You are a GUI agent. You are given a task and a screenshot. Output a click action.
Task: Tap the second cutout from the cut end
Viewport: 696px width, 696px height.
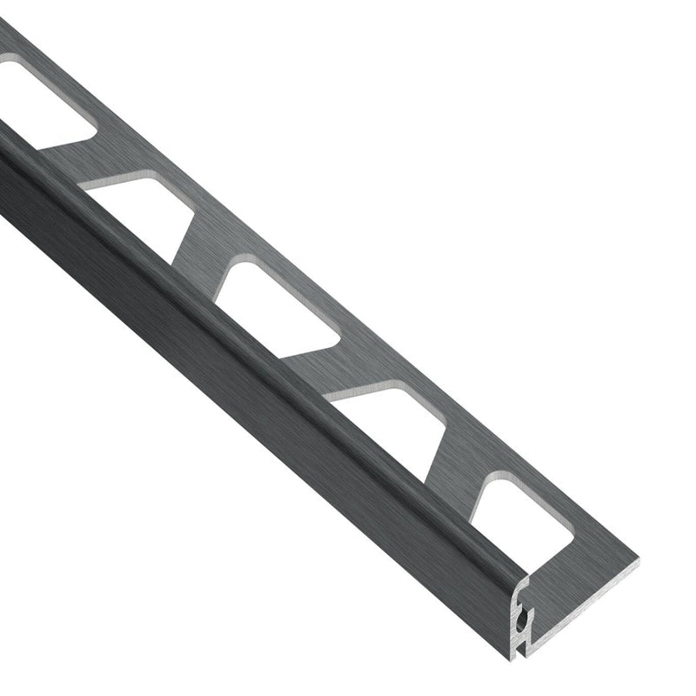391,426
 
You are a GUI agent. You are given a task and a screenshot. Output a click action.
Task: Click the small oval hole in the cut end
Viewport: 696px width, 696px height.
520,619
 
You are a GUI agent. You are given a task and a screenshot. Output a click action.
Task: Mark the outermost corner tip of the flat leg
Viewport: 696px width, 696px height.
638,560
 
